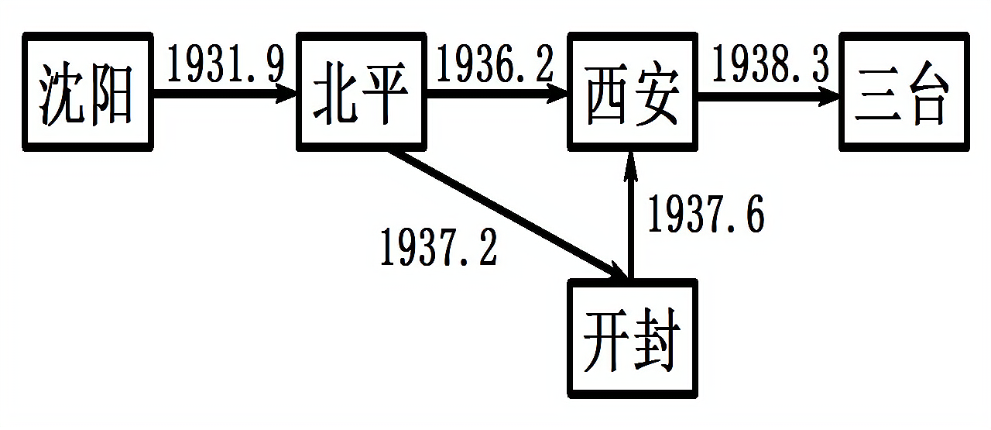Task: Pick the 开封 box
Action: tap(633, 339)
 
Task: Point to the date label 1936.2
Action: tap(495, 65)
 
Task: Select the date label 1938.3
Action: tap(770, 65)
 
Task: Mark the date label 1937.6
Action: tap(706, 214)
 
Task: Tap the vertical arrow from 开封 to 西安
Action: tap(631, 217)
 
